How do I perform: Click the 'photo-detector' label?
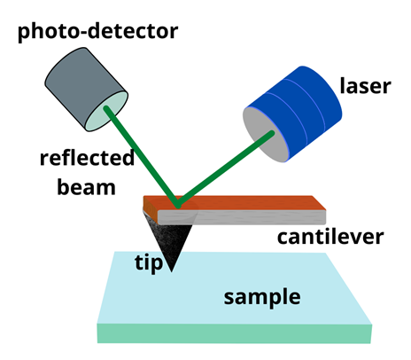(x=97, y=31)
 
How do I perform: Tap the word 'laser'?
(x=366, y=86)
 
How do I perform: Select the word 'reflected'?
(x=87, y=158)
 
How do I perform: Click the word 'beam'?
(x=86, y=187)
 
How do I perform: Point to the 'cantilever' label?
(x=330, y=237)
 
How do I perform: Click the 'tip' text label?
(x=149, y=262)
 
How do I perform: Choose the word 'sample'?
(x=262, y=297)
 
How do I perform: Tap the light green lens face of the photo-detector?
(x=106, y=111)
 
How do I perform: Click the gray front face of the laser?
(x=264, y=134)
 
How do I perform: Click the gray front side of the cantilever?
(x=242, y=217)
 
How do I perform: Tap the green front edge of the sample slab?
(x=235, y=333)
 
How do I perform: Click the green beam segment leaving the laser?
(x=225, y=169)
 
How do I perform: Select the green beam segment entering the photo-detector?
(x=142, y=157)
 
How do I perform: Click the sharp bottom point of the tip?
(x=172, y=271)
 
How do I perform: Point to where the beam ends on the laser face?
(x=272, y=134)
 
